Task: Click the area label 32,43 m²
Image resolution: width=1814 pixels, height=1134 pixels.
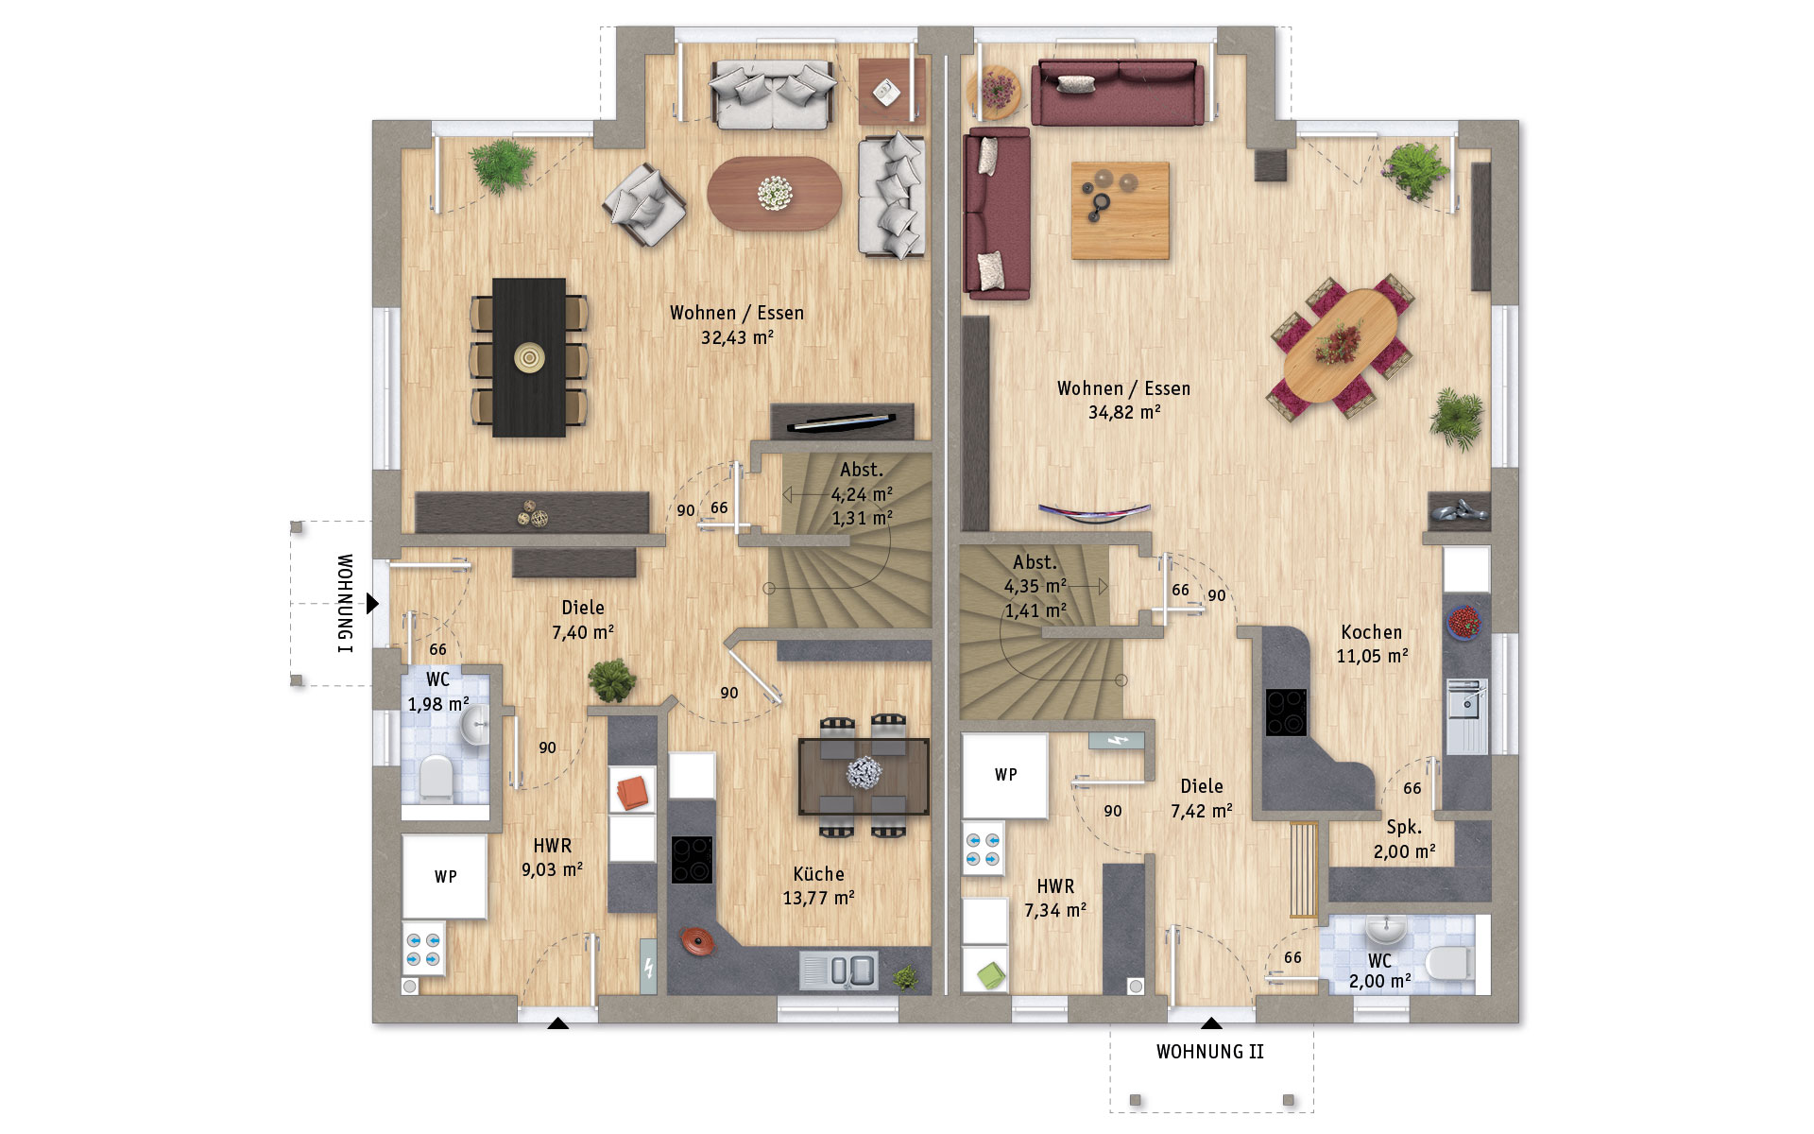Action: coord(737,337)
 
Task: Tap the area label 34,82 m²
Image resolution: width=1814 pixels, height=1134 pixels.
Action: coord(1124,412)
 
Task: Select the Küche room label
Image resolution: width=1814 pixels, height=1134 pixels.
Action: coord(818,874)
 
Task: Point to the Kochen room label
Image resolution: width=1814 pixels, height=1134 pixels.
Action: coord(1371,632)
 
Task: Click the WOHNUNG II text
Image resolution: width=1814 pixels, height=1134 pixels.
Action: coord(1210,1052)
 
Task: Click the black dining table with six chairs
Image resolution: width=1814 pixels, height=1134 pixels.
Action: coord(529,357)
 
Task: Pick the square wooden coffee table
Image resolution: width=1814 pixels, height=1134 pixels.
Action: coord(1121,210)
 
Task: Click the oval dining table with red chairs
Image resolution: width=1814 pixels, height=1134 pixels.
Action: coord(1342,346)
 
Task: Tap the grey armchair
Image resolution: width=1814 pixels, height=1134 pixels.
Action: coord(645,205)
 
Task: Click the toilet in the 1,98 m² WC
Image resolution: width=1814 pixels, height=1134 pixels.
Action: coord(436,778)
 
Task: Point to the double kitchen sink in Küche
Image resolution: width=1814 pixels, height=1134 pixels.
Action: coord(839,971)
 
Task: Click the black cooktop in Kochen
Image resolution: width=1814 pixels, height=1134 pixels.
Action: coord(1286,713)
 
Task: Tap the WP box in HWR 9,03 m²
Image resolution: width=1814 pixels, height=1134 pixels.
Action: coord(445,876)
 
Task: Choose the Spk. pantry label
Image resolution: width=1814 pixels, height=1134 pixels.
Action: coord(1404,827)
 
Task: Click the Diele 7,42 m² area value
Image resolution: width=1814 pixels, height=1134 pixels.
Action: coord(1202,811)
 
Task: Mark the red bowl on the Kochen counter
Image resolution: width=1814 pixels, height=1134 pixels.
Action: coord(1464,622)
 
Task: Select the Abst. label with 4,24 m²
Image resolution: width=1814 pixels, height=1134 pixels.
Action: coord(862,470)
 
